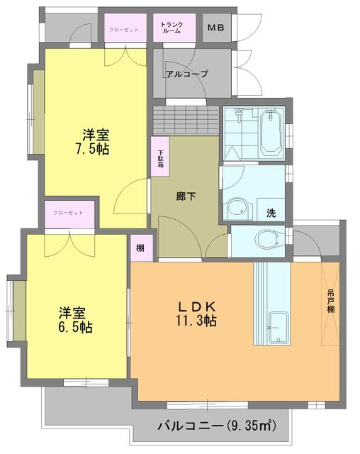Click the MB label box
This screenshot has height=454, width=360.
(x=215, y=28)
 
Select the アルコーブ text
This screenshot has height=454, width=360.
(x=186, y=74)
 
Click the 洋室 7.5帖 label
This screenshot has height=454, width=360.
(x=94, y=140)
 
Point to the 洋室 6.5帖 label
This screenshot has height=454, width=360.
(x=75, y=319)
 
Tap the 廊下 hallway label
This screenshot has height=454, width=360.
(x=186, y=198)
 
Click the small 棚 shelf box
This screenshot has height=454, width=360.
(x=140, y=248)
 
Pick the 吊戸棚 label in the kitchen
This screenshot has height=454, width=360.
(x=330, y=302)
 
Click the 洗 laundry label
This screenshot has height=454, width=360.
(x=271, y=212)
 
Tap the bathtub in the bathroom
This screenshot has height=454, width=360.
(x=271, y=133)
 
